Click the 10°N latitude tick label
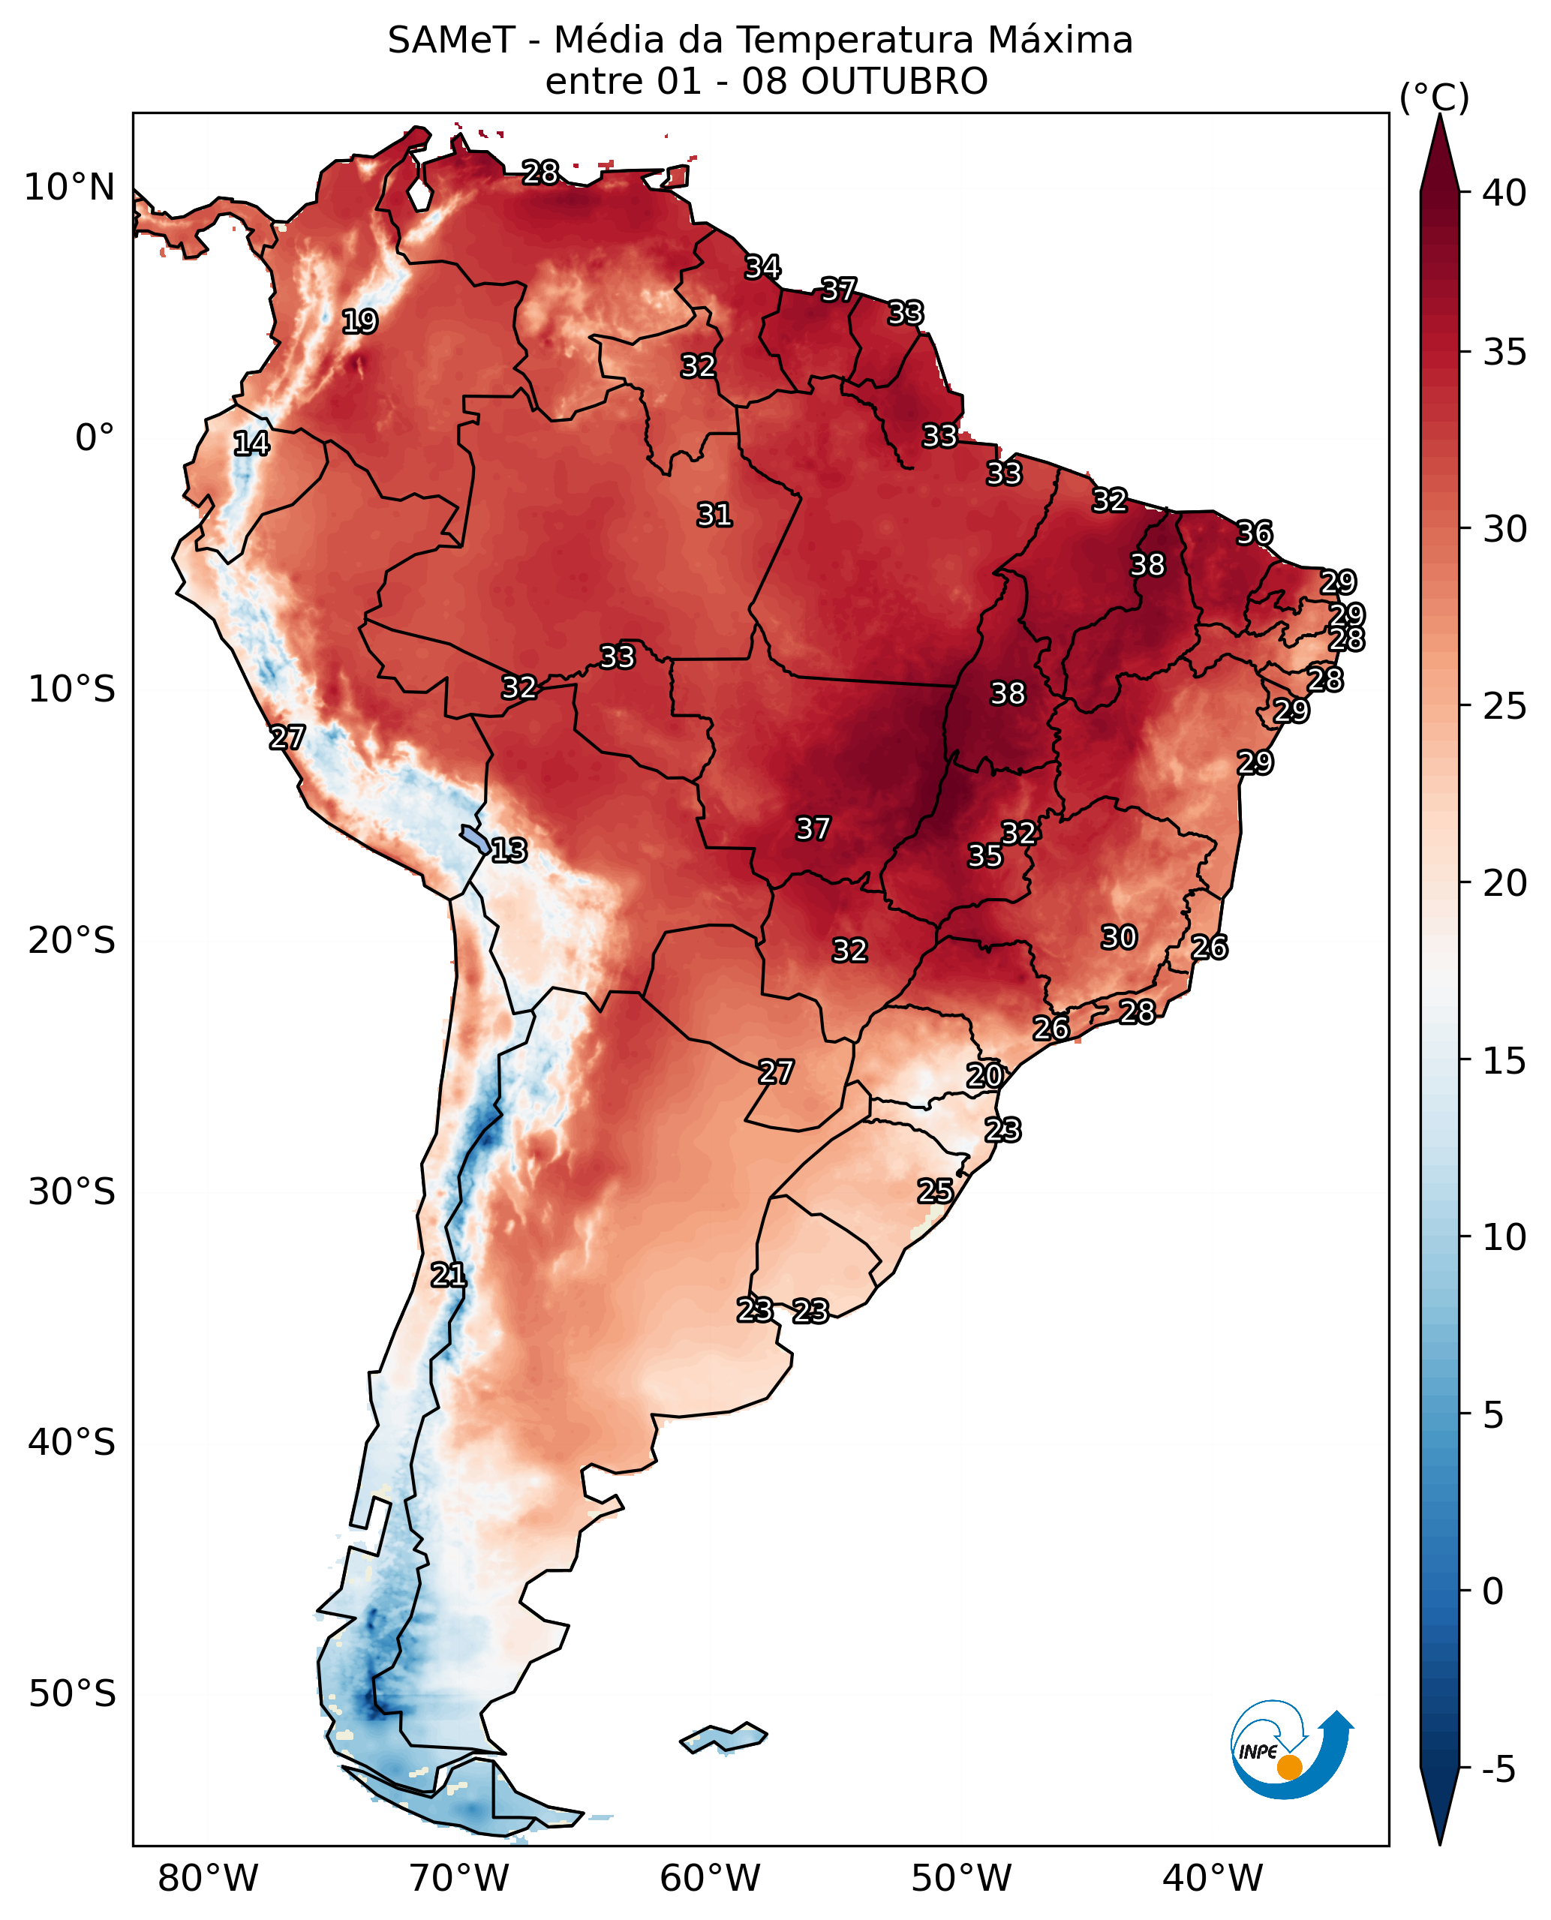70,188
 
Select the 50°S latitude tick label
71,1693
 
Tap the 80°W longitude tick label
207,1879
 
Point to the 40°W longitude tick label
1213,1879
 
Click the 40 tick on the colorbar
1504,192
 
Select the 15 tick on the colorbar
1504,1060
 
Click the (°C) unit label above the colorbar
1434,98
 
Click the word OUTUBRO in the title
894,81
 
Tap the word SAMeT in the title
451,41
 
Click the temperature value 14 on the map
251,443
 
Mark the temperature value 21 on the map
449,1275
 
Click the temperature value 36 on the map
1255,533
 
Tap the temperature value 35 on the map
985,856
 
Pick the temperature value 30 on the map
1119,937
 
